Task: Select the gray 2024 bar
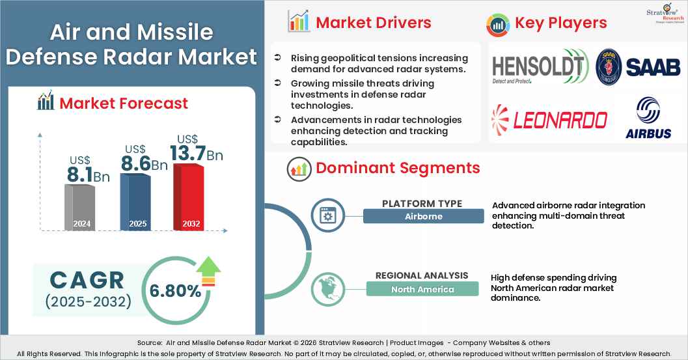[x=81, y=206]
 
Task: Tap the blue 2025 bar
[x=135, y=202]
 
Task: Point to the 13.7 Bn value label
[x=196, y=152]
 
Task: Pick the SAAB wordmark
[x=652, y=67]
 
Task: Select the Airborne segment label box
[x=423, y=216]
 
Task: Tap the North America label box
[x=422, y=289]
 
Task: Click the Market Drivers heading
[x=373, y=23]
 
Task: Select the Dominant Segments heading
[x=398, y=168]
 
